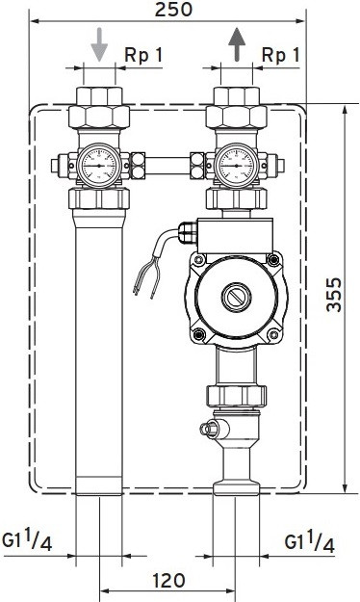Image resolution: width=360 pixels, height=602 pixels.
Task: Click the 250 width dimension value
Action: pyautogui.click(x=173, y=10)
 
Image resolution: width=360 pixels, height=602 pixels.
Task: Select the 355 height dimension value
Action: pyautogui.click(x=333, y=295)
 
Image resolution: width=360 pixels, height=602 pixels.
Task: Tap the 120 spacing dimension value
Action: pyautogui.click(x=168, y=581)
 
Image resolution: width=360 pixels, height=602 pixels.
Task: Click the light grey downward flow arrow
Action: pyautogui.click(x=99, y=44)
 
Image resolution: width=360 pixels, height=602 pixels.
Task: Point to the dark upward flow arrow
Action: pyautogui.click(x=237, y=44)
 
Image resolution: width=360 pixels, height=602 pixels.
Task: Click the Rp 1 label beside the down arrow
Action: pyautogui.click(x=143, y=56)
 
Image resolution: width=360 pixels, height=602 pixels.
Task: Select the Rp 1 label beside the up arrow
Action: pyautogui.click(x=280, y=56)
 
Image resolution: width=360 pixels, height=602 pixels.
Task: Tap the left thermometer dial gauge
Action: pyautogui.click(x=99, y=166)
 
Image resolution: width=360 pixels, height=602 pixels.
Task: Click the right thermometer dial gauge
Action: pyautogui.click(x=237, y=166)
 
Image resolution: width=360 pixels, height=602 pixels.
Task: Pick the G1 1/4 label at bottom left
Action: pyautogui.click(x=27, y=540)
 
